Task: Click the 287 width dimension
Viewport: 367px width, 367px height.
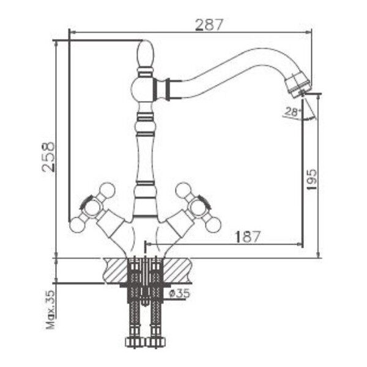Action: [209, 25]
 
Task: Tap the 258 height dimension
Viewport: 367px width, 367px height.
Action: [48, 157]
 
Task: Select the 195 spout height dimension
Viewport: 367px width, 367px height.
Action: [311, 180]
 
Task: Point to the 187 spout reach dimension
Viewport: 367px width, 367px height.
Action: [248, 237]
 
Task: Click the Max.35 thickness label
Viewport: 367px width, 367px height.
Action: [50, 310]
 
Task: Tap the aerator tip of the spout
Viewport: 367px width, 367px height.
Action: [298, 83]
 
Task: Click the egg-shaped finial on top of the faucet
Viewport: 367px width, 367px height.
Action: [146, 54]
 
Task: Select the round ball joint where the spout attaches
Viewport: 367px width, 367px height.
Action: [141, 89]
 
